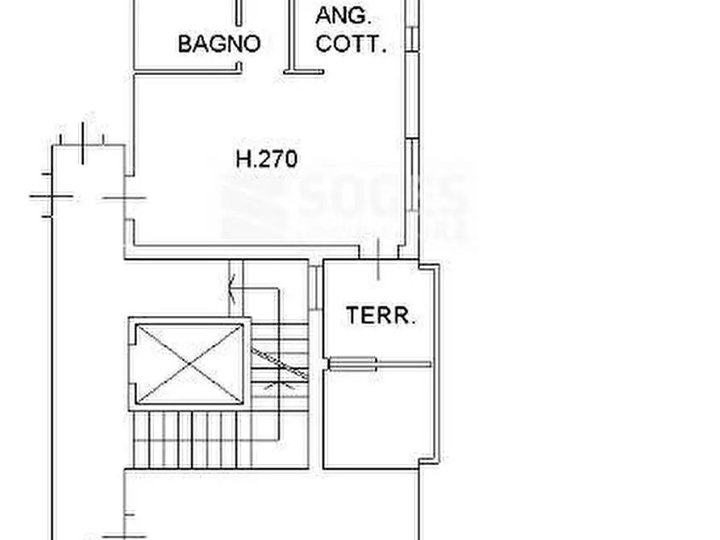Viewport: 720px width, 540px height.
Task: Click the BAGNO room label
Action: click(x=219, y=43)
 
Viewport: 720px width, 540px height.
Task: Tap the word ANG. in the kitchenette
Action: click(x=343, y=15)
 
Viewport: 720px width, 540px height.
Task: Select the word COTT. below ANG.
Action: click(x=351, y=44)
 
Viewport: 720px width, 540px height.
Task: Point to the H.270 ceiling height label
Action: click(x=266, y=159)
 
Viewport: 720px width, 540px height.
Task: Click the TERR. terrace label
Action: click(x=381, y=316)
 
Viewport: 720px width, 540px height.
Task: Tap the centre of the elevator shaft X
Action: click(x=189, y=363)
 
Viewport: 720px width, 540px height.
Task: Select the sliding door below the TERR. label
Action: click(x=379, y=364)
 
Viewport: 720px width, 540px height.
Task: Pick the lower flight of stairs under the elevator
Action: click(x=194, y=439)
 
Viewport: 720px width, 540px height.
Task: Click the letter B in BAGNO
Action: click(x=184, y=43)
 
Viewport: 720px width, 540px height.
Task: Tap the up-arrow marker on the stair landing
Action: click(x=232, y=284)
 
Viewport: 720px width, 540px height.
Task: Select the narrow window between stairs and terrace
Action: click(x=313, y=286)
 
